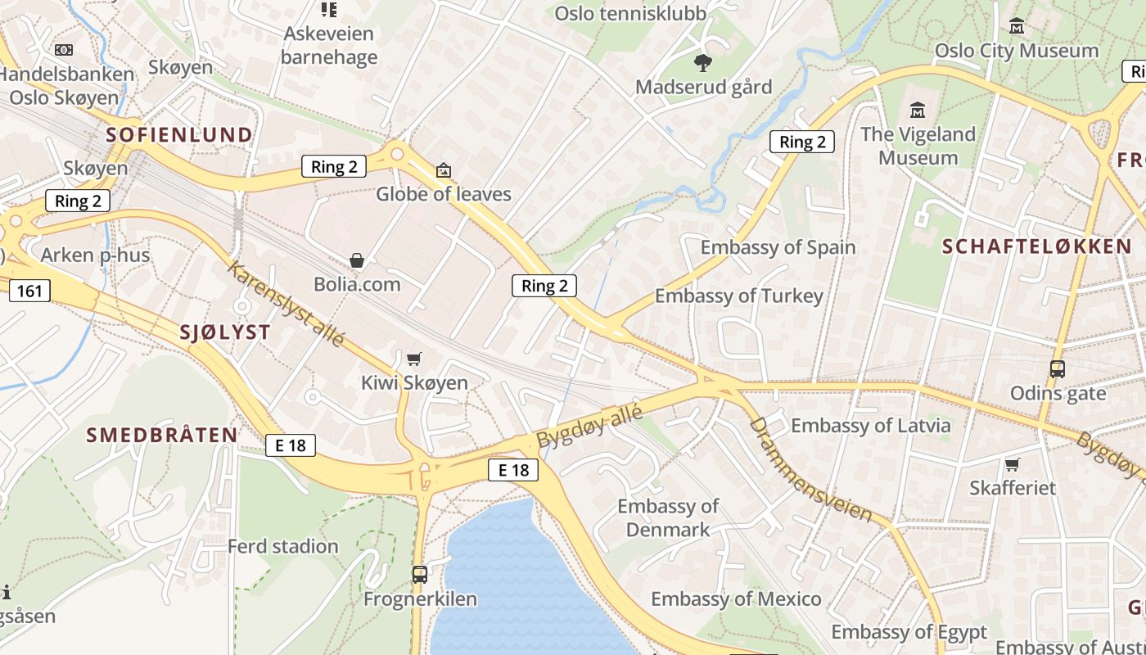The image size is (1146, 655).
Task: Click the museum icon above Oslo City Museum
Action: [1017, 26]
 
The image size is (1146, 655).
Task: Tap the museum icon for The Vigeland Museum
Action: [918, 110]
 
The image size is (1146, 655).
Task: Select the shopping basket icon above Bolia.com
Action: [357, 260]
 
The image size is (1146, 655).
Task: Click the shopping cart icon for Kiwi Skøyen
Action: [414, 359]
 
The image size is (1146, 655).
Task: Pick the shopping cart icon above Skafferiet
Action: [1013, 464]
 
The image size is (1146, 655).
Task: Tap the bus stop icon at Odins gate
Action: [1058, 369]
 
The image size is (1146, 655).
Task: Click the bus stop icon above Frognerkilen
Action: [420, 575]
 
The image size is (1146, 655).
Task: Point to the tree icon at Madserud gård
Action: [702, 62]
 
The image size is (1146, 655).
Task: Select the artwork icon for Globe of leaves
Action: [444, 170]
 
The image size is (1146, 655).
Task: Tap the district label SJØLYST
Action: [225, 332]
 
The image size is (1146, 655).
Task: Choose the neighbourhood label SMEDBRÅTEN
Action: [162, 435]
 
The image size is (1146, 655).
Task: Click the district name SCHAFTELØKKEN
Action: [1037, 246]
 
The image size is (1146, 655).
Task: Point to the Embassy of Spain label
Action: [778, 247]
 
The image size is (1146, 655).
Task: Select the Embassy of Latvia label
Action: [870, 425]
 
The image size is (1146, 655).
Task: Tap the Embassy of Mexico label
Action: [736, 599]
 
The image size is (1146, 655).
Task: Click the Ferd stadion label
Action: [282, 546]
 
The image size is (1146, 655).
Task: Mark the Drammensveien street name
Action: [810, 469]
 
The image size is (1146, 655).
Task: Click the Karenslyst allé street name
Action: [286, 303]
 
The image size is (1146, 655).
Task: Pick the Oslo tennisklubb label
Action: [630, 13]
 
